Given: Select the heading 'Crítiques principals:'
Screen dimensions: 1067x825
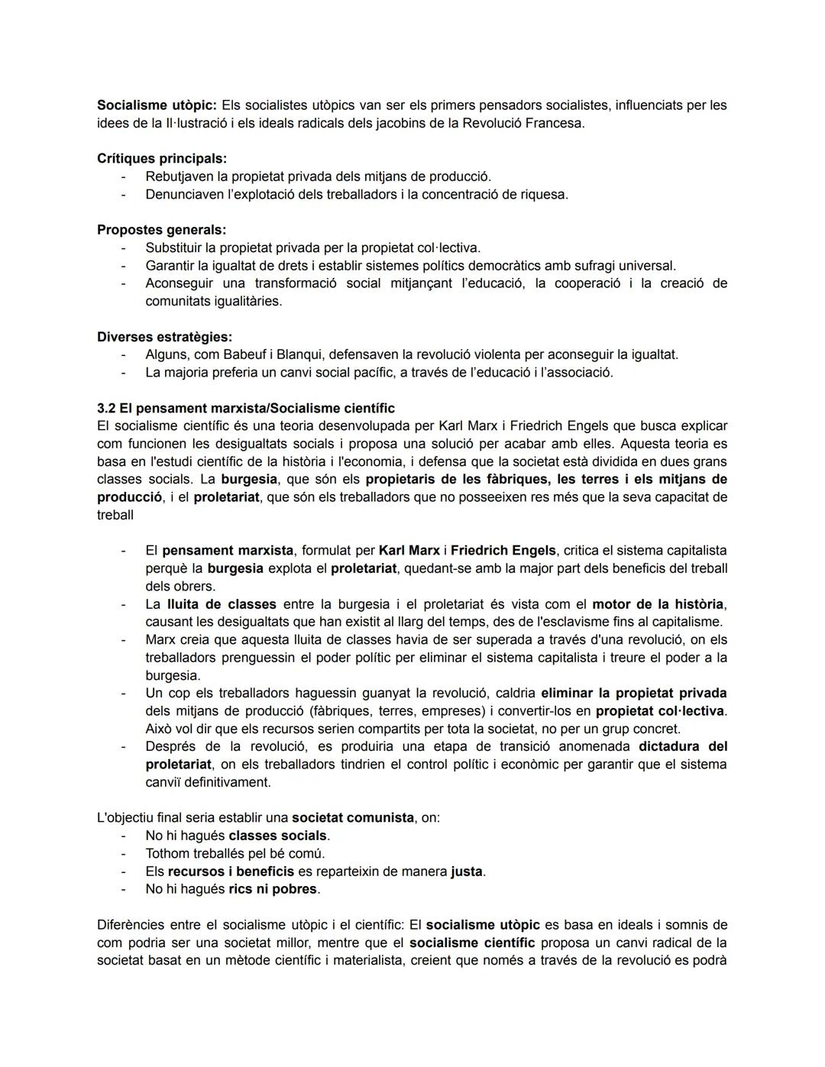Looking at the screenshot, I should pos(161,159).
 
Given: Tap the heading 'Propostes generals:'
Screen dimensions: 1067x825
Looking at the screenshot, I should pos(161,230).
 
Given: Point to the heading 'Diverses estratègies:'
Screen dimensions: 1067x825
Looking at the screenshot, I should pos(164,337).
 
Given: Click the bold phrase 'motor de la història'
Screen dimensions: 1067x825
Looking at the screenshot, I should pos(658,604).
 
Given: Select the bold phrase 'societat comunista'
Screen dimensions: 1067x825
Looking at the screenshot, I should pos(353,817).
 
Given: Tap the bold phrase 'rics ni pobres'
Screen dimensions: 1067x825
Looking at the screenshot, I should pos(273,889).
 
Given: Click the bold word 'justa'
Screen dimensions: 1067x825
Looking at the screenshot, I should pos(467,871).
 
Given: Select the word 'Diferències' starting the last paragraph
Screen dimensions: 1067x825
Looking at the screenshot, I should pos(135,925).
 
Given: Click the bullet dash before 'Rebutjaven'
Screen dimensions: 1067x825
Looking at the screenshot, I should pos(122,176).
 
